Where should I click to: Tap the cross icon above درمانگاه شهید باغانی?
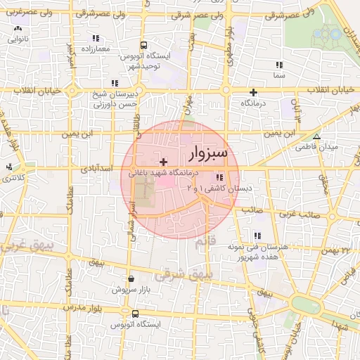[x=164, y=162]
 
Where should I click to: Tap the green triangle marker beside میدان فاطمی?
[x=316, y=136]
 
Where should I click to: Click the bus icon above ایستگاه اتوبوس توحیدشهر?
[x=143, y=44]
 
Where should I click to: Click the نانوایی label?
[x=18, y=40]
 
